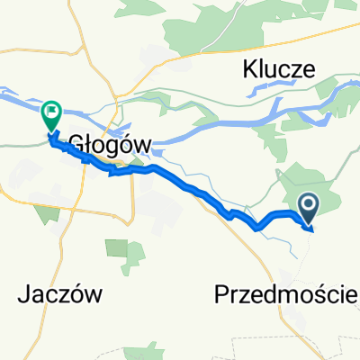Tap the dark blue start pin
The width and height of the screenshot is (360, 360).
pyautogui.click(x=308, y=210)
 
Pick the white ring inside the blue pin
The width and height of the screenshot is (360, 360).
pyautogui.click(x=308, y=206)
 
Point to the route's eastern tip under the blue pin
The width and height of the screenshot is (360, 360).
pyautogui.click(x=311, y=228)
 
